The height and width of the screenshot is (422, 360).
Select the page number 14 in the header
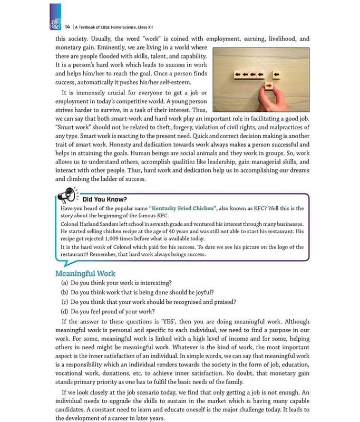67,26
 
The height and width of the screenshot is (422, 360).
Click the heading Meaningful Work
85,273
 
